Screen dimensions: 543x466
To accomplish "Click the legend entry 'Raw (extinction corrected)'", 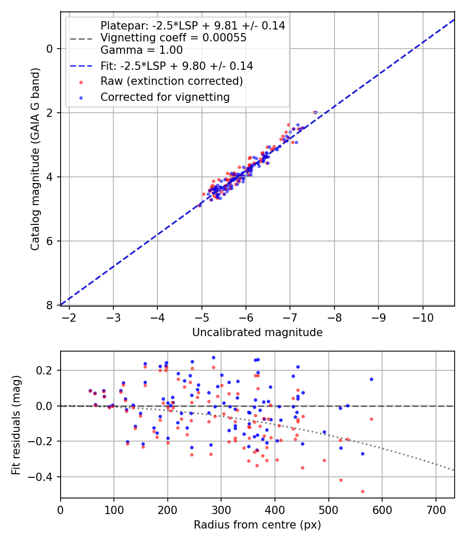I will pyautogui.click(x=171, y=81).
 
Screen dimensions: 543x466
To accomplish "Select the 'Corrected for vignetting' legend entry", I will pyautogui.click(x=165, y=97).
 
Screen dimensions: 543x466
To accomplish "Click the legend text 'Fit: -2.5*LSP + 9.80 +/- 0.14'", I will pyautogui.click(x=177, y=66).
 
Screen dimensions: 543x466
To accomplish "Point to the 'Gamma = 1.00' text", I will pyautogui.click(x=141, y=50).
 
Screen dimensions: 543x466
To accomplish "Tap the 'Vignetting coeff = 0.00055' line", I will pyautogui.click(x=173, y=38).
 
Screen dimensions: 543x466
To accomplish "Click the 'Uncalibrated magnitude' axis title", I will pyautogui.click(x=257, y=333).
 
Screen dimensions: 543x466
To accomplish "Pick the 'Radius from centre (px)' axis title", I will pyautogui.click(x=257, y=525).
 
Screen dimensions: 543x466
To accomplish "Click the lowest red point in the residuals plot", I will pyautogui.click(x=362, y=491).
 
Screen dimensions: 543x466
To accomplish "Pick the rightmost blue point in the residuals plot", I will pyautogui.click(x=371, y=379).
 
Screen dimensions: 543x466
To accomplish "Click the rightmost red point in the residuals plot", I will pyautogui.click(x=371, y=419).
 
